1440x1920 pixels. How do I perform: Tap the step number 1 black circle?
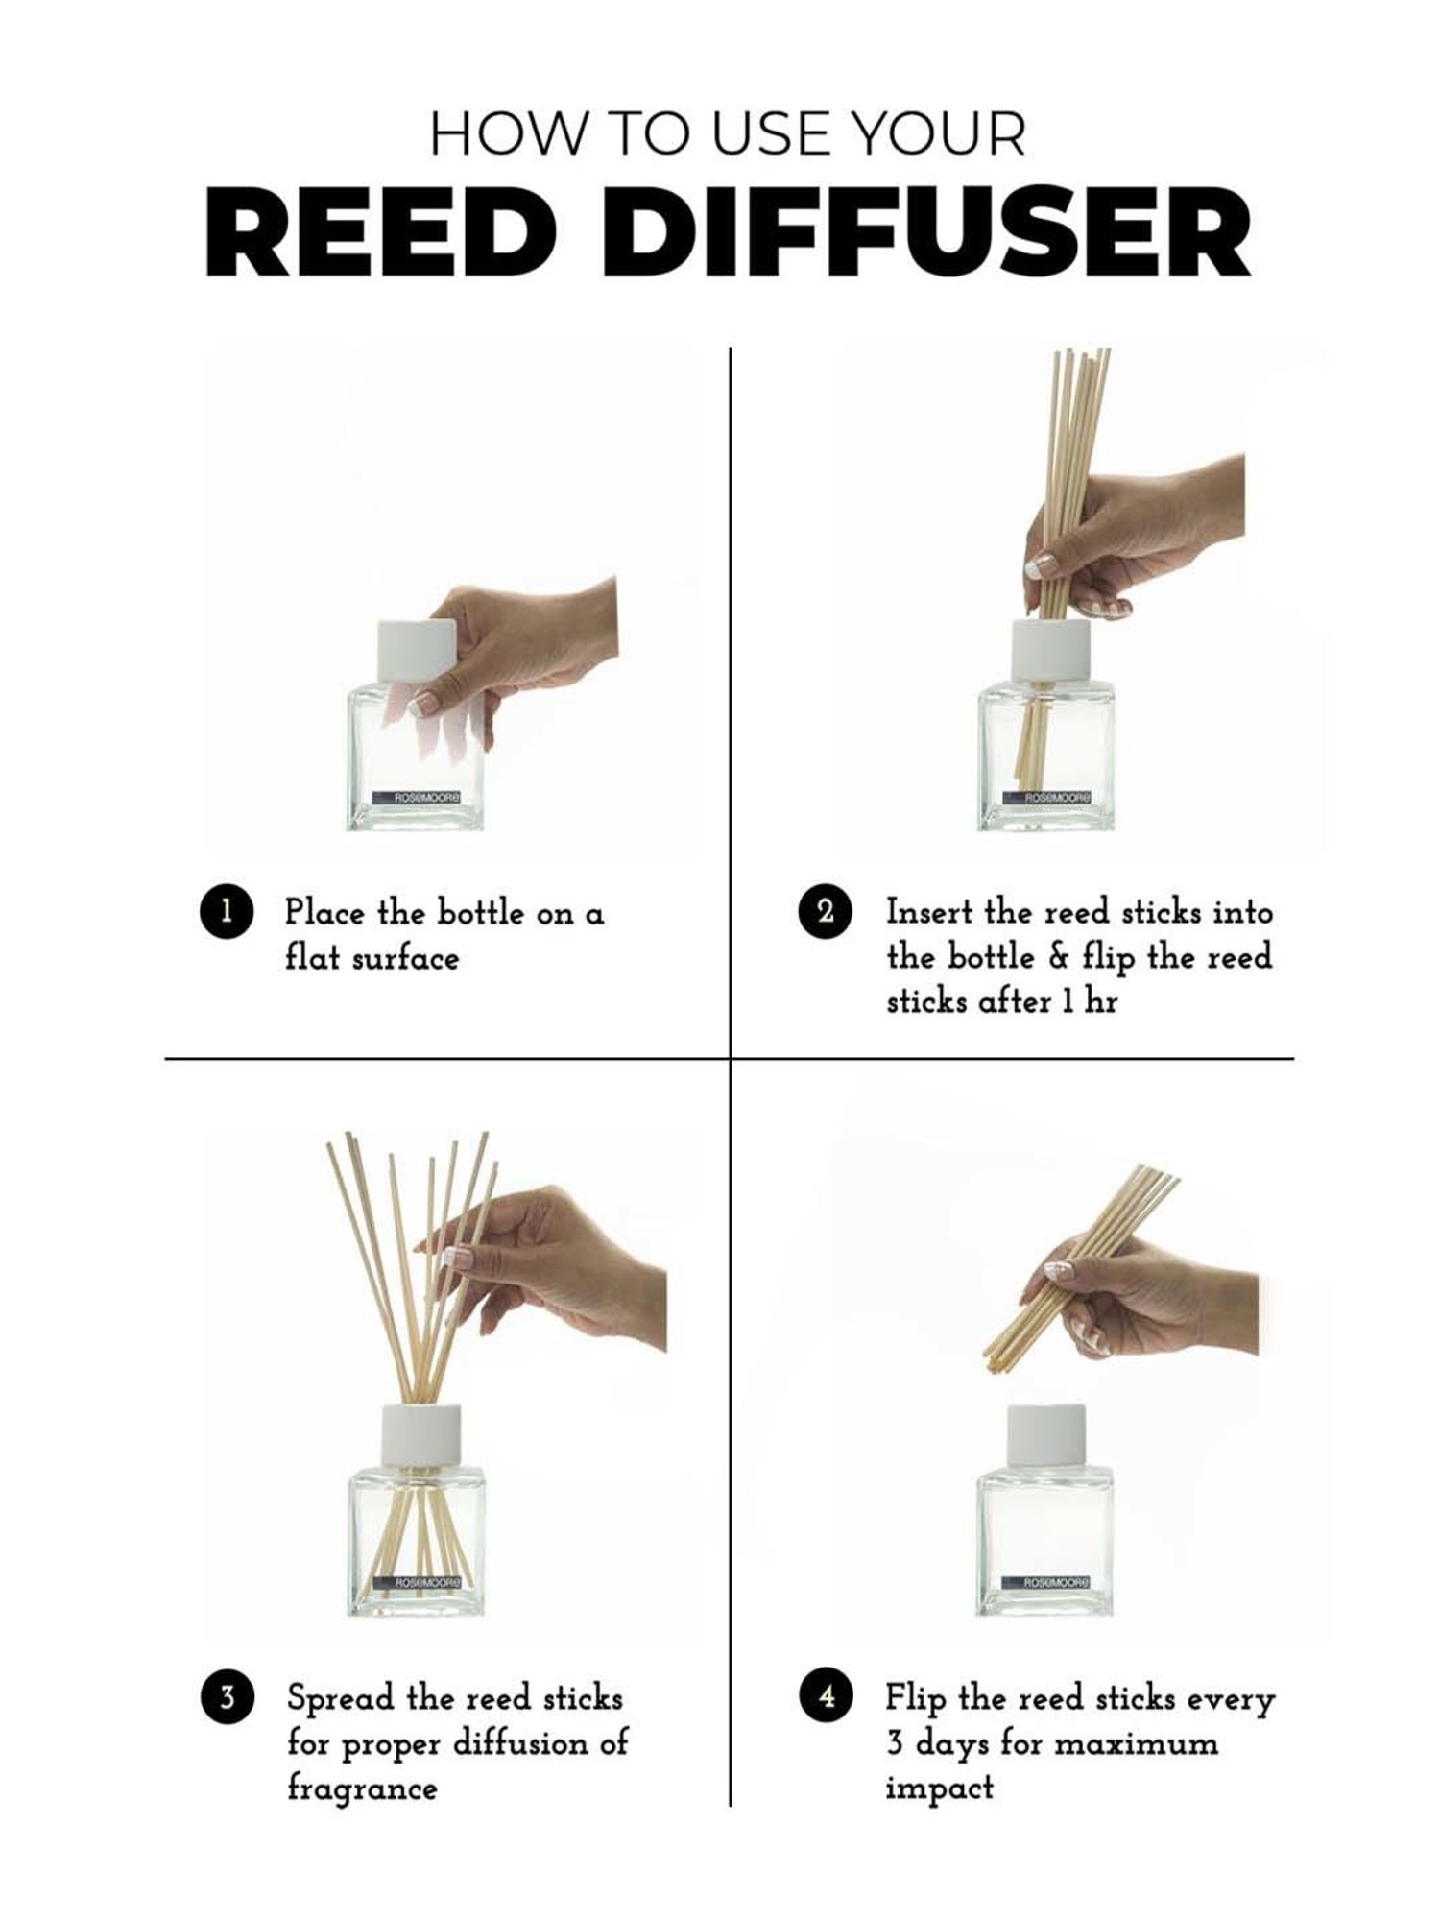click(x=226, y=911)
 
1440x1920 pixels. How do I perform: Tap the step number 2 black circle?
click(x=825, y=911)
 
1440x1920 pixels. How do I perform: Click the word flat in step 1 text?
click(x=311, y=957)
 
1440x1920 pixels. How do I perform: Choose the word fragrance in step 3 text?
click(x=361, y=1788)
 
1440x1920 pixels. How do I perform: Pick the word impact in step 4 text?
click(x=939, y=1788)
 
